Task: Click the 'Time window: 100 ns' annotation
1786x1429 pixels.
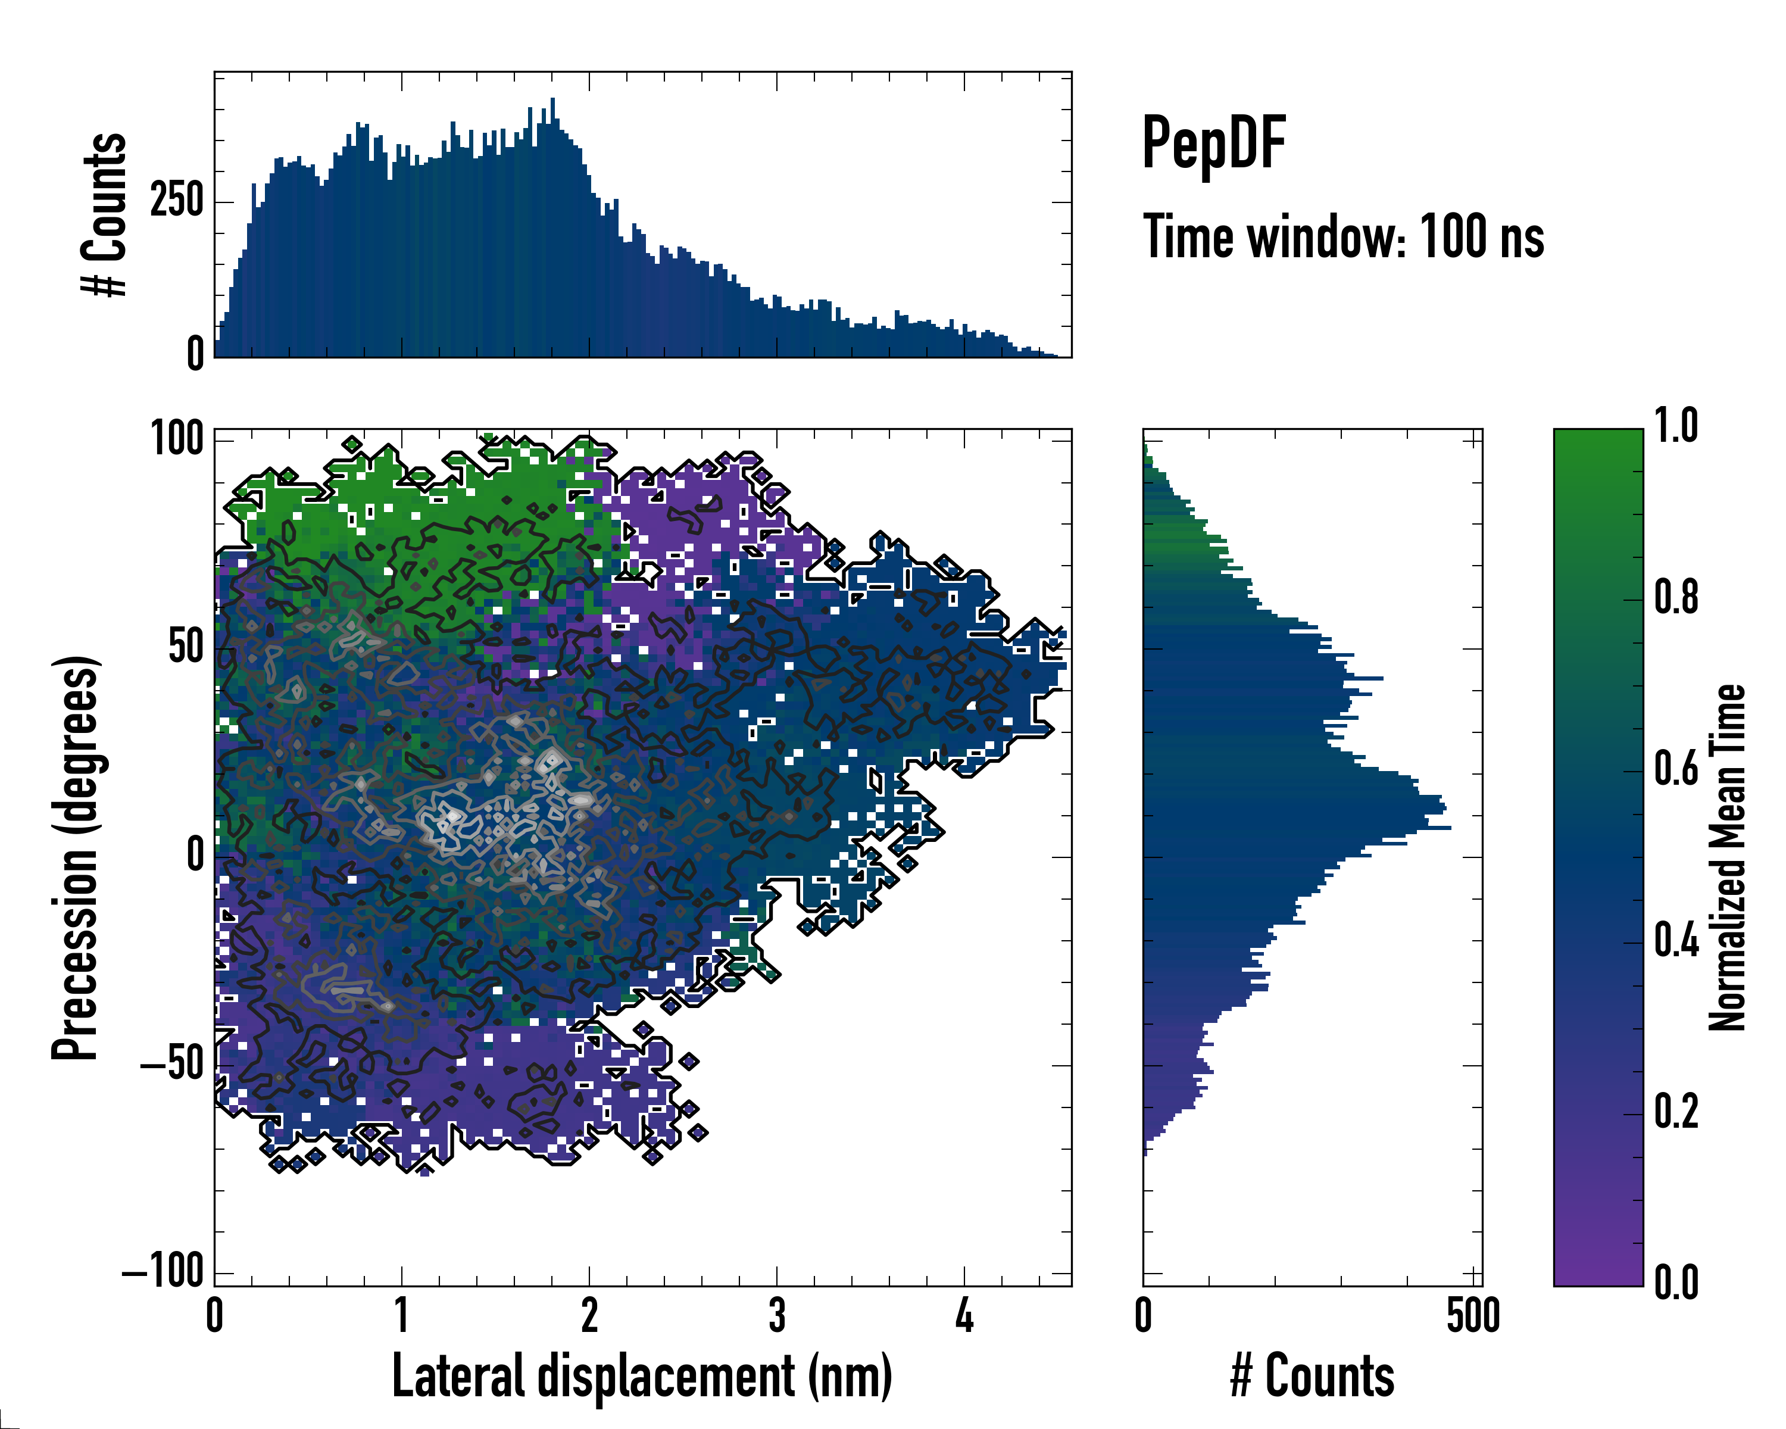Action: (x=1343, y=237)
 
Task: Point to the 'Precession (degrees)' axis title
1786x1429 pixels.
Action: (x=76, y=857)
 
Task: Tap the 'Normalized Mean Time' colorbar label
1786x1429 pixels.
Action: (x=1727, y=857)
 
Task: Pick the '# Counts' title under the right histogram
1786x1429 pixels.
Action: (x=1312, y=1376)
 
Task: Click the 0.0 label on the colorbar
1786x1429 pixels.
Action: (x=1676, y=1283)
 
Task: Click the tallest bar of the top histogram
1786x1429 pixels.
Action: (x=552, y=228)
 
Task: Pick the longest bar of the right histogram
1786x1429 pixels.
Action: (x=1297, y=828)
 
